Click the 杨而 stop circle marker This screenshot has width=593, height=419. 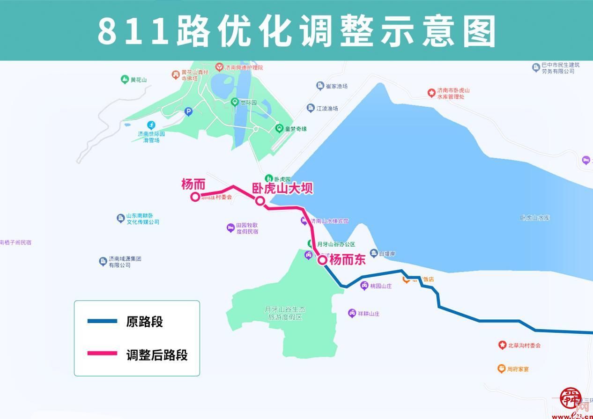coord(195,197)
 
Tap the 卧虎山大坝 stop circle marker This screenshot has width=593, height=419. coord(260,201)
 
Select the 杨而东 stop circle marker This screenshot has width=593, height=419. coord(322,260)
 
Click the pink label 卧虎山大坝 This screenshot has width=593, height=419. coord(282,188)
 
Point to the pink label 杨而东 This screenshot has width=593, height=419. coord(347,260)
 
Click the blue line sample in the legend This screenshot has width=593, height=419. coord(102,322)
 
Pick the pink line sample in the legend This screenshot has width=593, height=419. coord(102,354)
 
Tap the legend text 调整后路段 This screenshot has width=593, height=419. coord(157,355)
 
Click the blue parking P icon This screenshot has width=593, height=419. coord(188,111)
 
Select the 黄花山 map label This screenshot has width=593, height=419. coord(139,80)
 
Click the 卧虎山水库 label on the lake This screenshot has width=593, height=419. coord(534,218)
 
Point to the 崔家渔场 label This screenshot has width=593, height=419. coord(336,86)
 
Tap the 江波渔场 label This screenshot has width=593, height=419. coord(326,108)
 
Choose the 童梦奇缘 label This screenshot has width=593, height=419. coord(297,128)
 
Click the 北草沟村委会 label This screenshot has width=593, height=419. coord(524,345)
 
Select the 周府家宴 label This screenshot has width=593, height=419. coord(518,369)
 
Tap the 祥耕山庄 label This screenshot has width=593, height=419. coord(368,314)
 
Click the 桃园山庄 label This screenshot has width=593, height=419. coord(380,286)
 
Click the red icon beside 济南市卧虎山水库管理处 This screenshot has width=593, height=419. coord(431,93)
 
